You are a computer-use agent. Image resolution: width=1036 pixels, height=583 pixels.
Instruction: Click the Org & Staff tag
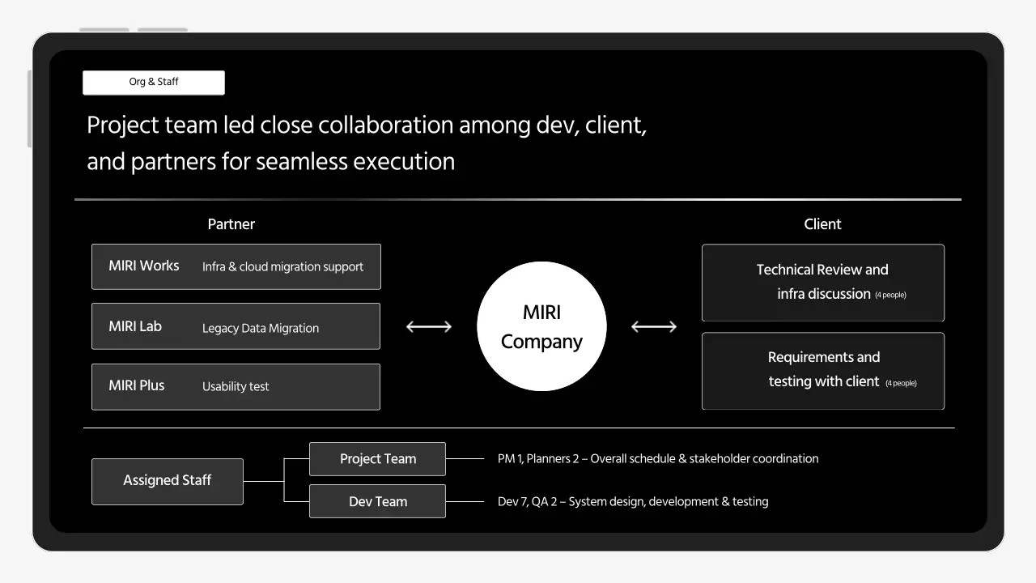(154, 83)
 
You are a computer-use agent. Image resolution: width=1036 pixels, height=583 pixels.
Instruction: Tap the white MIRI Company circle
(541, 326)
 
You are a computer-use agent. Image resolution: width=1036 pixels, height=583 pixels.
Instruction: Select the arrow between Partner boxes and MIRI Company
(429, 326)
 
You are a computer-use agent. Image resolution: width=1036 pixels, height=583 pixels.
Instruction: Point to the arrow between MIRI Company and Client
(654, 326)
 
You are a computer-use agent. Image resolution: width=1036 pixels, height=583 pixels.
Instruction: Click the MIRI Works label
(144, 266)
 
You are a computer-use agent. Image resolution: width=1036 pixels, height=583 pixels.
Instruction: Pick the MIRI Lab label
(135, 326)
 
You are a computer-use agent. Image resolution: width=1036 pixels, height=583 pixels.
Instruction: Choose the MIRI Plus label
(137, 385)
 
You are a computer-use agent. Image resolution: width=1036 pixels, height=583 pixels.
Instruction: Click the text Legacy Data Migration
(261, 328)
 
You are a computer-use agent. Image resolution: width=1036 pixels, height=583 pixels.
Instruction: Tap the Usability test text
(236, 386)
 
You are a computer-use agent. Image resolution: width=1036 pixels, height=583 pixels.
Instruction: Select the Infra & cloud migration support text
(282, 266)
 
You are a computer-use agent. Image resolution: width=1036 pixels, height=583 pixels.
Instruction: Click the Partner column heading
(231, 224)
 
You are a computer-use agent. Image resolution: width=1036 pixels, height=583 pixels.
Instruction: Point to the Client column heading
(822, 224)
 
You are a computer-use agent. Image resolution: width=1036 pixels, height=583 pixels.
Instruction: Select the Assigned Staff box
(168, 481)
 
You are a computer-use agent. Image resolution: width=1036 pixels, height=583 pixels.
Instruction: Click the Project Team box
(377, 459)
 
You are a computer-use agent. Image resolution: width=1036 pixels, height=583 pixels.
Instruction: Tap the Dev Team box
(377, 501)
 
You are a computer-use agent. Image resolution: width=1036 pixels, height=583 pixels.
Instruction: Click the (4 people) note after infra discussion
(890, 296)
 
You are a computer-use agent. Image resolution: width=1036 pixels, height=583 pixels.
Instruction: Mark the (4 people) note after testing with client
(901, 383)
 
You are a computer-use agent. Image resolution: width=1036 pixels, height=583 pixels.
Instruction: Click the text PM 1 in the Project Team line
(510, 458)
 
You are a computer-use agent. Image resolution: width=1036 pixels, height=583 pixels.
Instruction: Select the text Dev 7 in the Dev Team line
(512, 501)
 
